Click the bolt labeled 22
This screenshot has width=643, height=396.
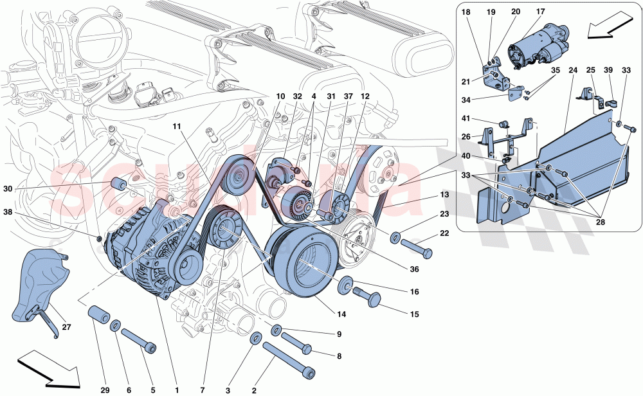click(x=416, y=245)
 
